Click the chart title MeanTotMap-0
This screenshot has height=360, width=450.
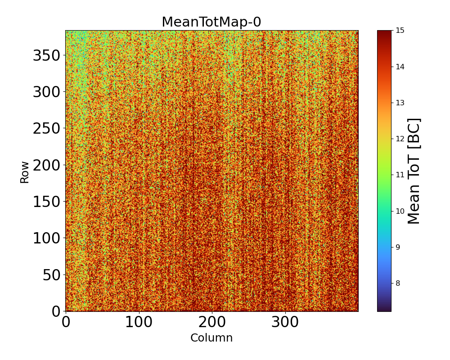pos(211,22)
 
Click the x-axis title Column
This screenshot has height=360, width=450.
pos(211,338)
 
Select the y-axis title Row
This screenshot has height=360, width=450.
pos(25,172)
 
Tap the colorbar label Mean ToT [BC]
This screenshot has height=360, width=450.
pos(414,171)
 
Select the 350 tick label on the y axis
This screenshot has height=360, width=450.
pos(47,56)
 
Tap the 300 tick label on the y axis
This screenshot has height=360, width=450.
pos(47,93)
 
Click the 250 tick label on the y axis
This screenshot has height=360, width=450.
pos(47,129)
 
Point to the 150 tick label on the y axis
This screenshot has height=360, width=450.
pos(47,202)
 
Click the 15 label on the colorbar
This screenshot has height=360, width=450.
pos(400,31)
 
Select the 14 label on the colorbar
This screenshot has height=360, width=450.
pos(400,67)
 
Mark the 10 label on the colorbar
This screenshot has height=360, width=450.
pos(400,211)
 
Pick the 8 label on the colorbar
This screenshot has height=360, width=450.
pos(398,283)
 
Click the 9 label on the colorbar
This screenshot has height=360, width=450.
pos(398,247)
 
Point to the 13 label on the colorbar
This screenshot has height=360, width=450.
pos(400,103)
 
